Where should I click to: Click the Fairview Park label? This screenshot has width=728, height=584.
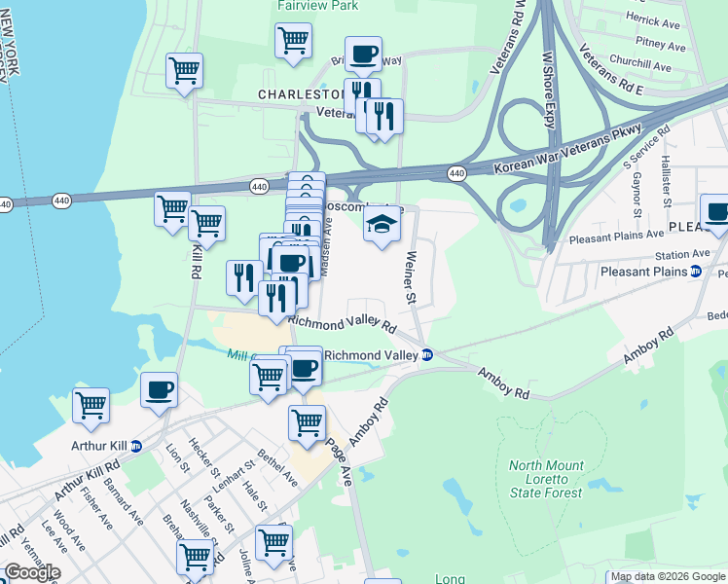tap(318, 6)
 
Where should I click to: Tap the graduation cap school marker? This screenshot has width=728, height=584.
tap(382, 223)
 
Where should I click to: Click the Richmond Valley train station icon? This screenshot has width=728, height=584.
tap(427, 355)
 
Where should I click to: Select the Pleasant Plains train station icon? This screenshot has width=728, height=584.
tap(696, 272)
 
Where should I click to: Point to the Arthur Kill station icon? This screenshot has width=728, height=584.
tap(135, 446)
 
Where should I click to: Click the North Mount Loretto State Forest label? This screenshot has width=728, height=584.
tap(546, 479)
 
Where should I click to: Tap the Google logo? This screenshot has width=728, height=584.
tap(31, 572)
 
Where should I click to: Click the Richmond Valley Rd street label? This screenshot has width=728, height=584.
tap(342, 323)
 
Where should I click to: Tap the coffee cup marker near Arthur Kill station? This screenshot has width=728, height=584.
tap(159, 390)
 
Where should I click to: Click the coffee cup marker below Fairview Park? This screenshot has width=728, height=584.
tap(363, 55)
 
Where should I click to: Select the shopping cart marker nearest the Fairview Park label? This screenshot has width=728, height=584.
tap(293, 41)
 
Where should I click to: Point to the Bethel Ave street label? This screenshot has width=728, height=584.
tap(278, 467)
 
